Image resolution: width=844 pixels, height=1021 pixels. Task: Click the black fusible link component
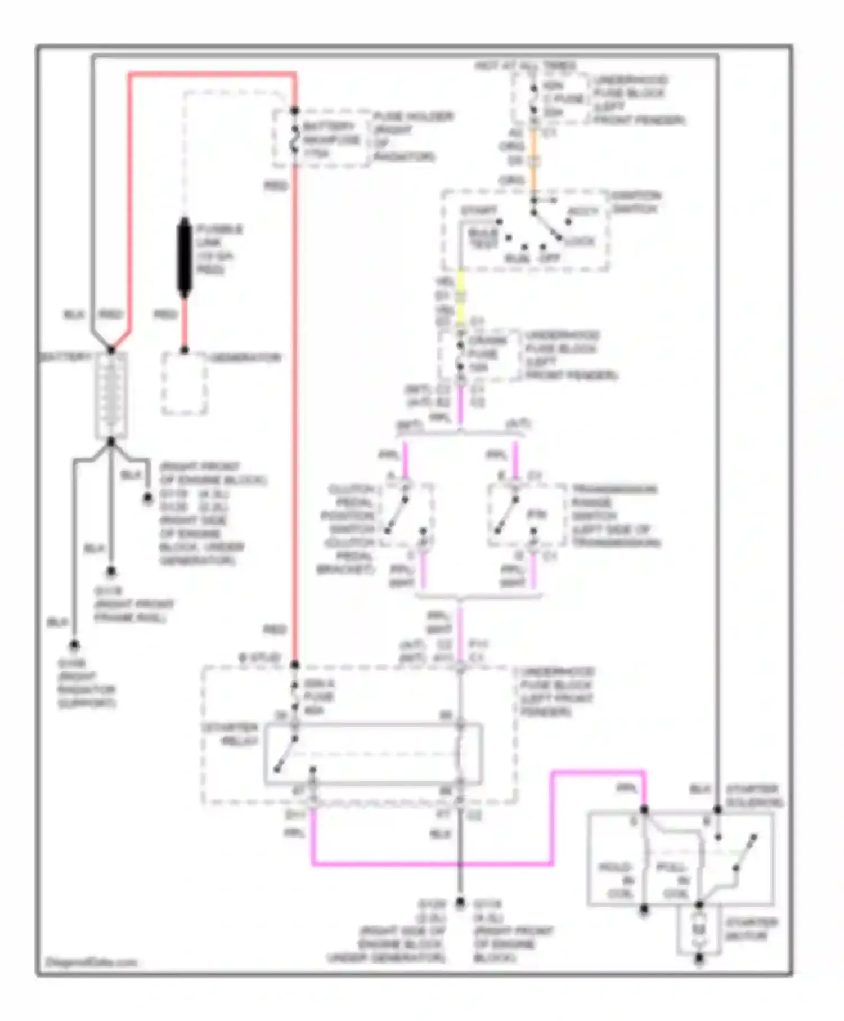pyautogui.click(x=184, y=257)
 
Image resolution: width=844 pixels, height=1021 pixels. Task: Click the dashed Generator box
pyautogui.click(x=185, y=384)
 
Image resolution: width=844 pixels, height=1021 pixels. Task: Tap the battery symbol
pyautogui.click(x=111, y=395)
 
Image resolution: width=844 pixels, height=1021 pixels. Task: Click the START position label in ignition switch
pyautogui.click(x=478, y=211)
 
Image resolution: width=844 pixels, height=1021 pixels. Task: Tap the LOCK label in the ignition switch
pyautogui.click(x=580, y=241)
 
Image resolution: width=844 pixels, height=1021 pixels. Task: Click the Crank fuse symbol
pyautogui.click(x=460, y=355)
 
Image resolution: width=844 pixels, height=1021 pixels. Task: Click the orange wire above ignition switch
pyautogui.click(x=533, y=163)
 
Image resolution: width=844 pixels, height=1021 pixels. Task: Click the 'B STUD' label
pyautogui.click(x=259, y=657)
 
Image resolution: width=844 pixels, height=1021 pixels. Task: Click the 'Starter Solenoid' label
pyautogui.click(x=753, y=795)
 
